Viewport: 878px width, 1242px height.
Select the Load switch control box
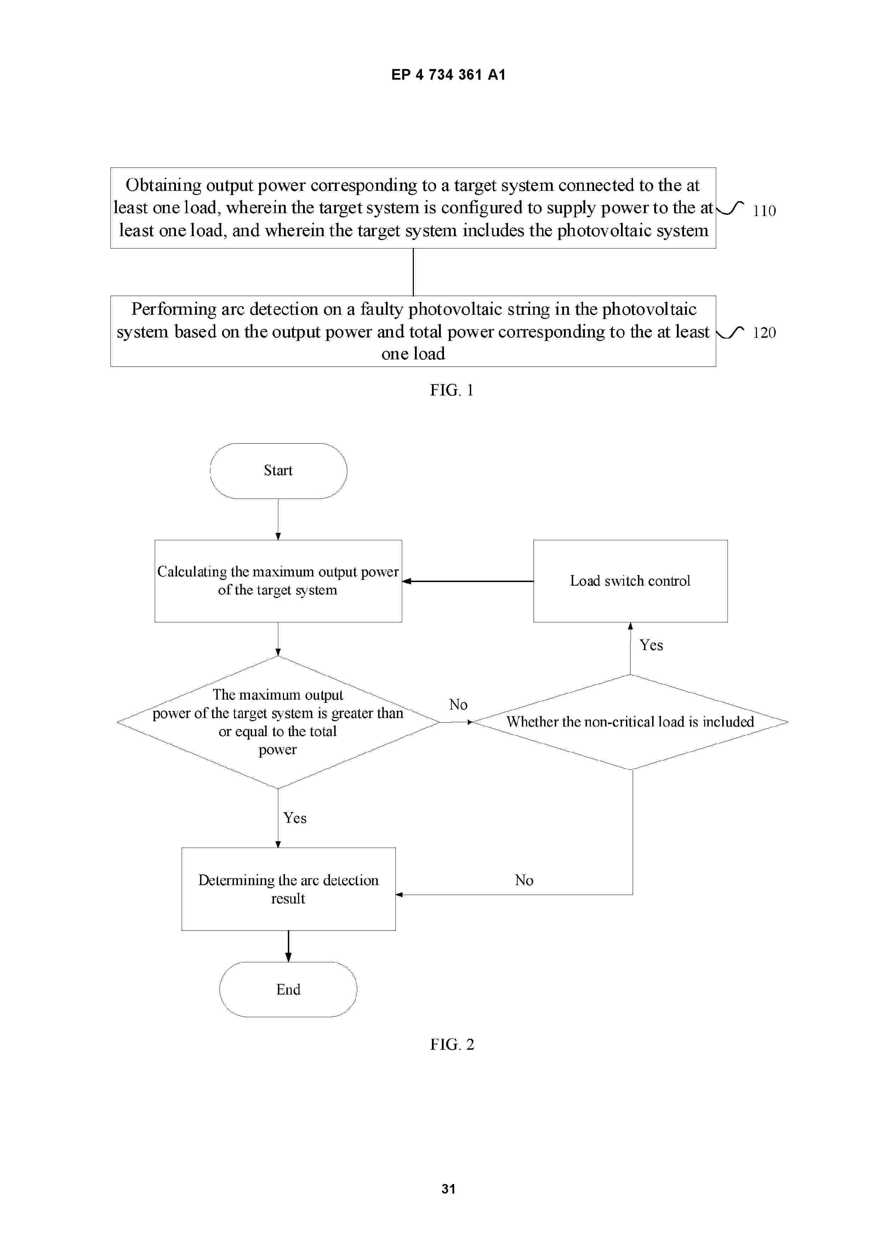pos(630,581)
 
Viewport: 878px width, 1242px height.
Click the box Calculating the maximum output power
pos(278,581)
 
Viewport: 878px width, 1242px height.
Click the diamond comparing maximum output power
pos(278,722)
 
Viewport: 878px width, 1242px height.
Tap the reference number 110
pos(764,210)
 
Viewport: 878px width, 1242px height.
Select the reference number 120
pos(764,332)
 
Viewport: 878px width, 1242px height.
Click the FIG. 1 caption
pos(452,390)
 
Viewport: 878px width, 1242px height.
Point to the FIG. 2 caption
pos(452,1044)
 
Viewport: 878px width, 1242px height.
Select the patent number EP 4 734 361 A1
pos(449,75)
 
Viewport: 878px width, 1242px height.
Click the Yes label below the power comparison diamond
pos(295,818)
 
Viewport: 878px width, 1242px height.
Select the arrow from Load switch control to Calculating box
pos(468,581)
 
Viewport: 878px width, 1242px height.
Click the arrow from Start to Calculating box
pos(278,519)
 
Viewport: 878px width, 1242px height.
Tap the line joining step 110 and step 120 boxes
pos(413,272)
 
